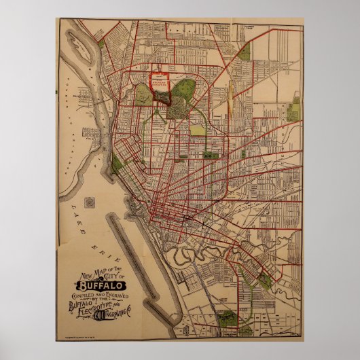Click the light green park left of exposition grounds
[143, 95]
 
